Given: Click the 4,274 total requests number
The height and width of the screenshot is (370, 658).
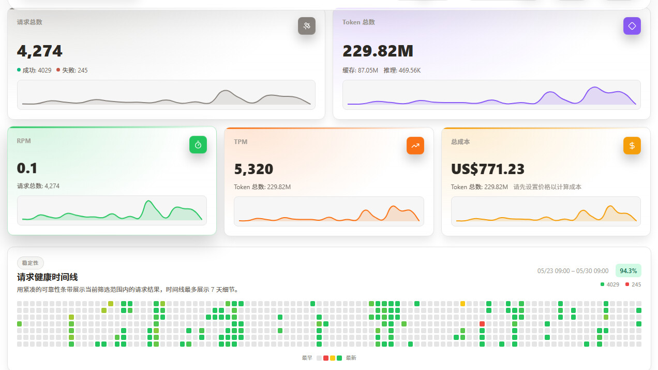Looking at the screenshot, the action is tap(39, 51).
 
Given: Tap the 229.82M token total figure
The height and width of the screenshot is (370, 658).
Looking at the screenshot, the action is tap(378, 51).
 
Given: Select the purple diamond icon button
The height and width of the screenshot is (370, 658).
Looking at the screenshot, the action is tap(632, 26).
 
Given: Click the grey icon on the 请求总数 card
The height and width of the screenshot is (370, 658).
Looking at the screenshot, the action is tap(307, 26).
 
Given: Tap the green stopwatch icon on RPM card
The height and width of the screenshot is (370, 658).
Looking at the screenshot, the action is tap(198, 145).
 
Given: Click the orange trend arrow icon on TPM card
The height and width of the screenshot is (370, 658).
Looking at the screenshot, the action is tap(415, 146).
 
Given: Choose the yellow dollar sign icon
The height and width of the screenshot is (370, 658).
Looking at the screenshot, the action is tap(632, 146).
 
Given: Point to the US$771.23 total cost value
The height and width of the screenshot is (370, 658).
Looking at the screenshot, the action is tap(488, 169).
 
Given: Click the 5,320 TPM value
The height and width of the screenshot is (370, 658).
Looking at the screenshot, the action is tap(253, 169).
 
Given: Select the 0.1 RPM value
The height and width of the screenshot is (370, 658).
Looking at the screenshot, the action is tap(27, 168).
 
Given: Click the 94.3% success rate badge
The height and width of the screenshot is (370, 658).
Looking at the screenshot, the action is tap(629, 271).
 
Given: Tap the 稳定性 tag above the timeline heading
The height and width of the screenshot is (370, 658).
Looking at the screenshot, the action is tap(30, 263).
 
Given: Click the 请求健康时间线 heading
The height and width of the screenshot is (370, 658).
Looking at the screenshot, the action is tap(47, 277).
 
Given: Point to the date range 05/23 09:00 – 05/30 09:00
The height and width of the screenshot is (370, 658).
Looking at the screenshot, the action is tap(573, 271).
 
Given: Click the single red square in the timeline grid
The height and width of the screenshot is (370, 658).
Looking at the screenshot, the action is tap(482, 324).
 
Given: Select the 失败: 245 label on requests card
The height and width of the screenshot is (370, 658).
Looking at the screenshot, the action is tap(72, 70).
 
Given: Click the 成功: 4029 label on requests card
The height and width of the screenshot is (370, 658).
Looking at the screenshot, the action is tap(34, 70).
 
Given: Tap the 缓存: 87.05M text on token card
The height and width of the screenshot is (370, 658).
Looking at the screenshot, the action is tap(360, 70).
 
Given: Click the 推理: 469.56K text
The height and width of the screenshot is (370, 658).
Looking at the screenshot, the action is tap(402, 70).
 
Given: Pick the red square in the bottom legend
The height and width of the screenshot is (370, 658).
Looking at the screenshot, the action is tap(326, 358).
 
